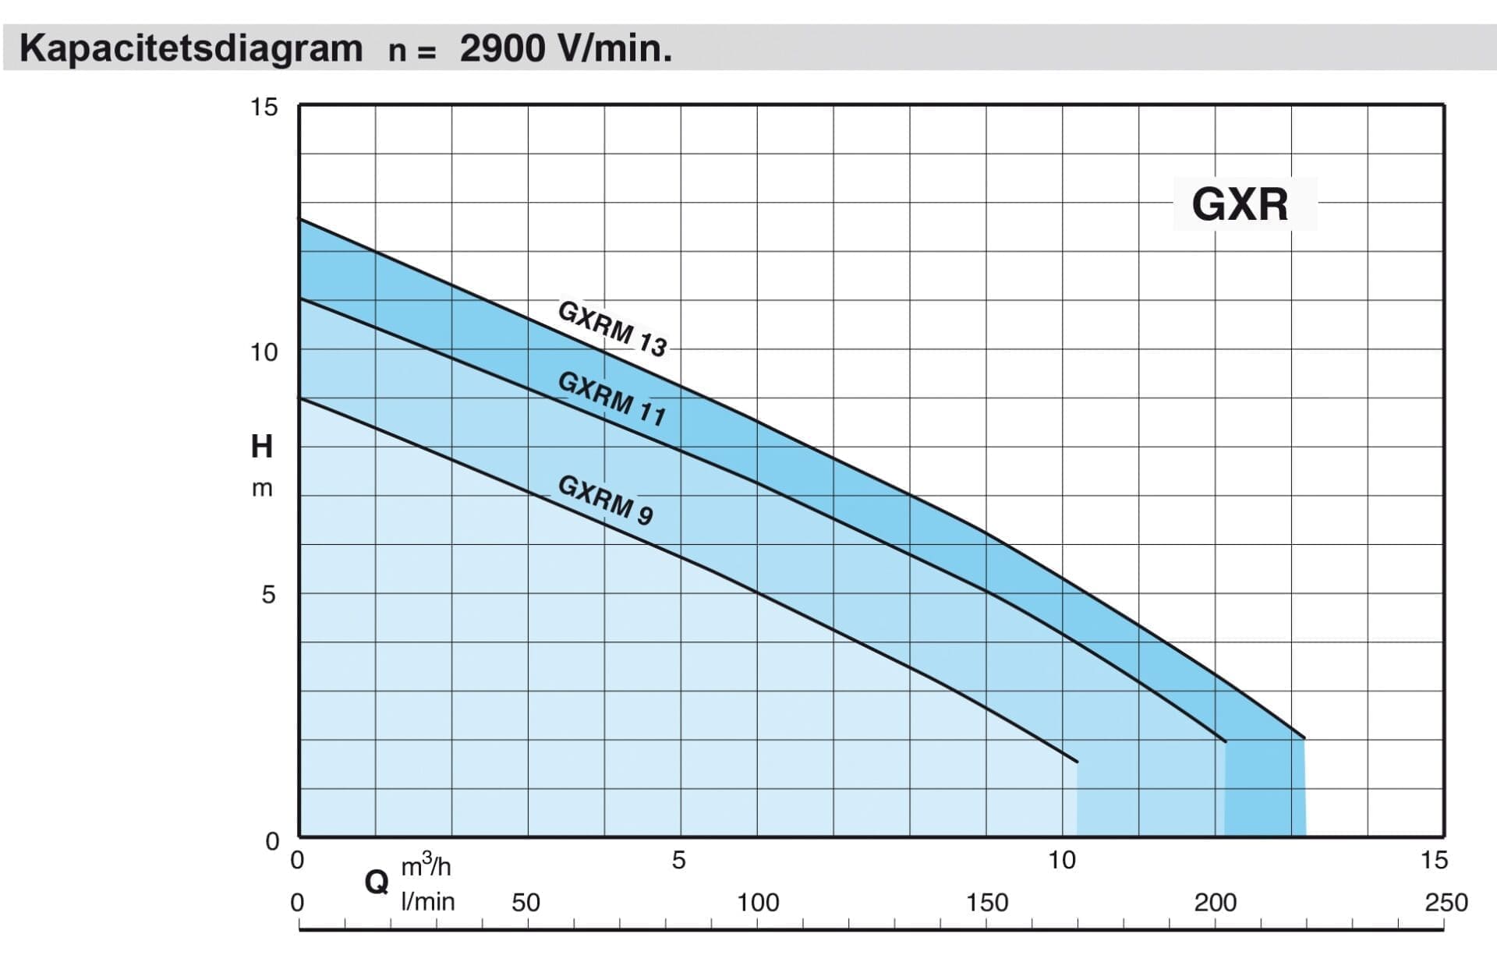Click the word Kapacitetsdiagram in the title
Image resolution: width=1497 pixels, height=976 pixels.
(191, 48)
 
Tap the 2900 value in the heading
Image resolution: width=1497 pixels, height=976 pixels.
(502, 48)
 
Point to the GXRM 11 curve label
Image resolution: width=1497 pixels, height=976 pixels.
(612, 398)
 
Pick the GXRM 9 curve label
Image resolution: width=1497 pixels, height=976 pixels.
(605, 500)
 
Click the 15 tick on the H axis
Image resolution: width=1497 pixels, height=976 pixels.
(264, 107)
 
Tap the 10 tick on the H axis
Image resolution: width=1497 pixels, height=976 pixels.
(264, 352)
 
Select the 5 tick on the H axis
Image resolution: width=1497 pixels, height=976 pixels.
(268, 595)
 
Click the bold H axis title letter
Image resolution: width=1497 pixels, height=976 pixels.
(262, 447)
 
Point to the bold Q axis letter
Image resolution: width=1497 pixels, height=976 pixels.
(377, 882)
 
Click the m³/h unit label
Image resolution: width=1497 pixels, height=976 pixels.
(426, 866)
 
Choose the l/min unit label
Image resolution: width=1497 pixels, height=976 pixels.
(427, 902)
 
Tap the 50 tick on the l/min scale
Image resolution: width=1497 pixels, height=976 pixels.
(526, 903)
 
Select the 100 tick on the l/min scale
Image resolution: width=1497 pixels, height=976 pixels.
(758, 903)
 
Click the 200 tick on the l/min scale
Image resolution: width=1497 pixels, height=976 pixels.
(1216, 903)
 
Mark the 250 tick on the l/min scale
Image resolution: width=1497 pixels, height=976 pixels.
(1446, 903)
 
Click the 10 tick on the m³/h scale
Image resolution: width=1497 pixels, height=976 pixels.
(1062, 860)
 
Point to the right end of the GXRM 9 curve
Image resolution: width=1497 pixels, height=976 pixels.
(1077, 761)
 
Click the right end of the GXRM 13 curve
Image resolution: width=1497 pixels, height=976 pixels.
(1304, 737)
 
